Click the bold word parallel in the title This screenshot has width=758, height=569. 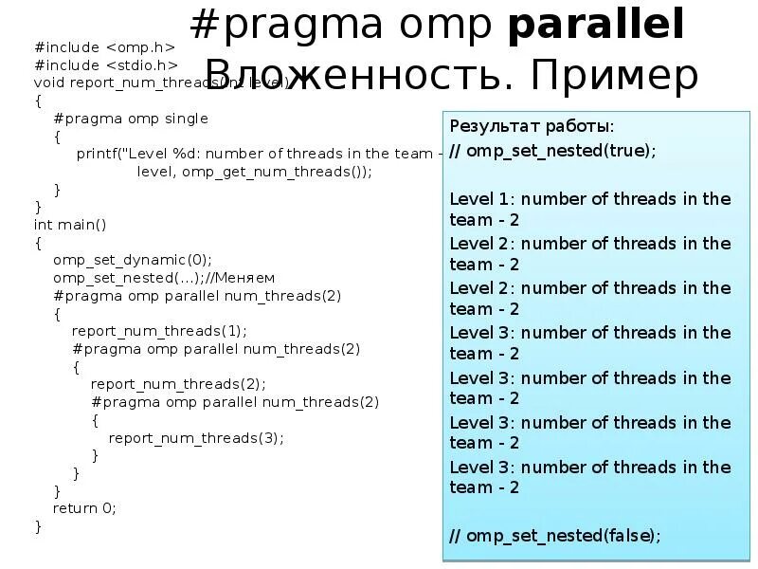pyautogui.click(x=596, y=26)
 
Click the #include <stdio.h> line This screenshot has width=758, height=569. pyautogui.click(x=106, y=64)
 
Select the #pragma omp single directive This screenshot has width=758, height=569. pyautogui.click(x=130, y=119)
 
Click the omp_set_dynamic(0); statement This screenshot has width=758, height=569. pyautogui.click(x=132, y=260)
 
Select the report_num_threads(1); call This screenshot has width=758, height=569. pyautogui.click(x=158, y=331)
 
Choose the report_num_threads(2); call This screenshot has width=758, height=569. pyautogui.click(x=177, y=384)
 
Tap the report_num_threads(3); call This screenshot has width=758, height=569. pyautogui.click(x=196, y=437)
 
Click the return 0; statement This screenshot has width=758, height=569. pyautogui.click(x=83, y=507)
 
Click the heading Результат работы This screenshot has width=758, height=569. pyautogui.click(x=531, y=126)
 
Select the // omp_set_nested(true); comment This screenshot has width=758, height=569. pyautogui.click(x=551, y=150)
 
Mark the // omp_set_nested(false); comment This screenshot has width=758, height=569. pyautogui.click(x=554, y=535)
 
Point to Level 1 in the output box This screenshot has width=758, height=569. pyautogui.click(x=481, y=198)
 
